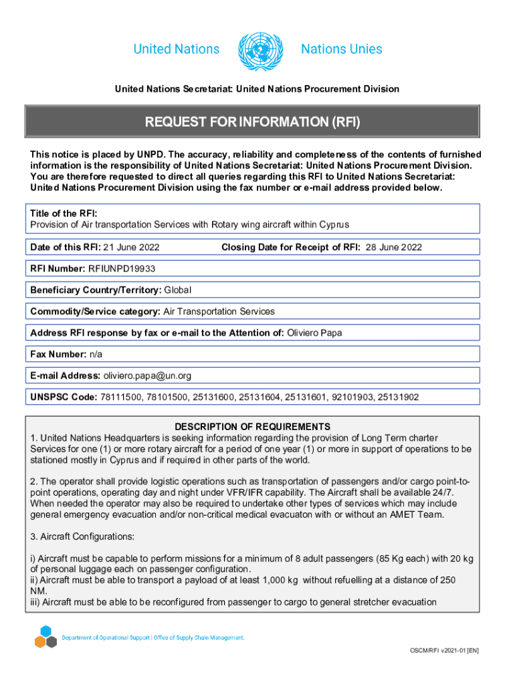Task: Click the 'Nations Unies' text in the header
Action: [x=341, y=50]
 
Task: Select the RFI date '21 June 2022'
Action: [x=131, y=248]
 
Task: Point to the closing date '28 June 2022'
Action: [x=393, y=248]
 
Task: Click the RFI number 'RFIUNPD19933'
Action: [x=117, y=269]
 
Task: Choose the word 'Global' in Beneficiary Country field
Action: [x=178, y=290]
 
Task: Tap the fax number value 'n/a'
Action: [x=96, y=354]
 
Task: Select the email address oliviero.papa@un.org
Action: [x=146, y=376]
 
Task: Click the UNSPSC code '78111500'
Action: [x=120, y=397]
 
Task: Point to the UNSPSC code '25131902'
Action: [x=398, y=397]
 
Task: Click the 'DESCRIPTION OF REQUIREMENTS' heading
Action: [x=252, y=427]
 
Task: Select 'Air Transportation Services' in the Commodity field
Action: [x=219, y=312]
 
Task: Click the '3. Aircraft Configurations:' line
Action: [x=85, y=536]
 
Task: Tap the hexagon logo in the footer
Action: [x=45, y=636]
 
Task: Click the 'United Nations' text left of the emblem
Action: [x=177, y=50]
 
